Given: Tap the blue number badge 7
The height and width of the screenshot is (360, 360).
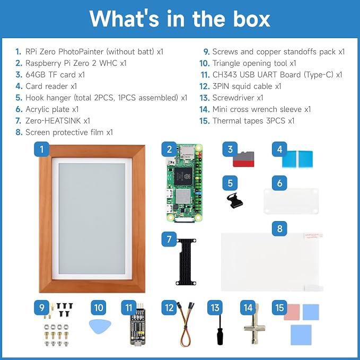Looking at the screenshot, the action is (169, 239).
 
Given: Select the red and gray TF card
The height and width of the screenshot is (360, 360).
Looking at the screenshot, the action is (243, 159).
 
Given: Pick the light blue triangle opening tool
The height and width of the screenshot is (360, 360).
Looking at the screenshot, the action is (100, 326).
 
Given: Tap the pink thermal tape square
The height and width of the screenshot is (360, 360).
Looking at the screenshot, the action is (292, 312).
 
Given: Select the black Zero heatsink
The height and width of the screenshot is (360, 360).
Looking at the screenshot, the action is (186, 262).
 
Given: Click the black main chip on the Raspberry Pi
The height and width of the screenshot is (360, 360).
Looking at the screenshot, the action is (183, 177).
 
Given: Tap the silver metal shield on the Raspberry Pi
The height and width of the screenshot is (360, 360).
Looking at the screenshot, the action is (183, 196).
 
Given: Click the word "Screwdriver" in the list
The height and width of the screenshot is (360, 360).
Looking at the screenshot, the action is (233, 98).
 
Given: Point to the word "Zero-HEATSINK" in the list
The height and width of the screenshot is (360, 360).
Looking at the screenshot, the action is (53, 121).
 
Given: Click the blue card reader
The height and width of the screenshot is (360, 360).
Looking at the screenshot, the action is (297, 159).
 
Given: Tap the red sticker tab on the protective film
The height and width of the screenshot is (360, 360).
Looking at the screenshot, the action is (313, 236).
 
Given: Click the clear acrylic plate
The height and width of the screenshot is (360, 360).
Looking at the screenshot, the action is (291, 201).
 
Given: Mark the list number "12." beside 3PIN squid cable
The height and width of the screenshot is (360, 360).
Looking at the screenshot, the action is (204, 86).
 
